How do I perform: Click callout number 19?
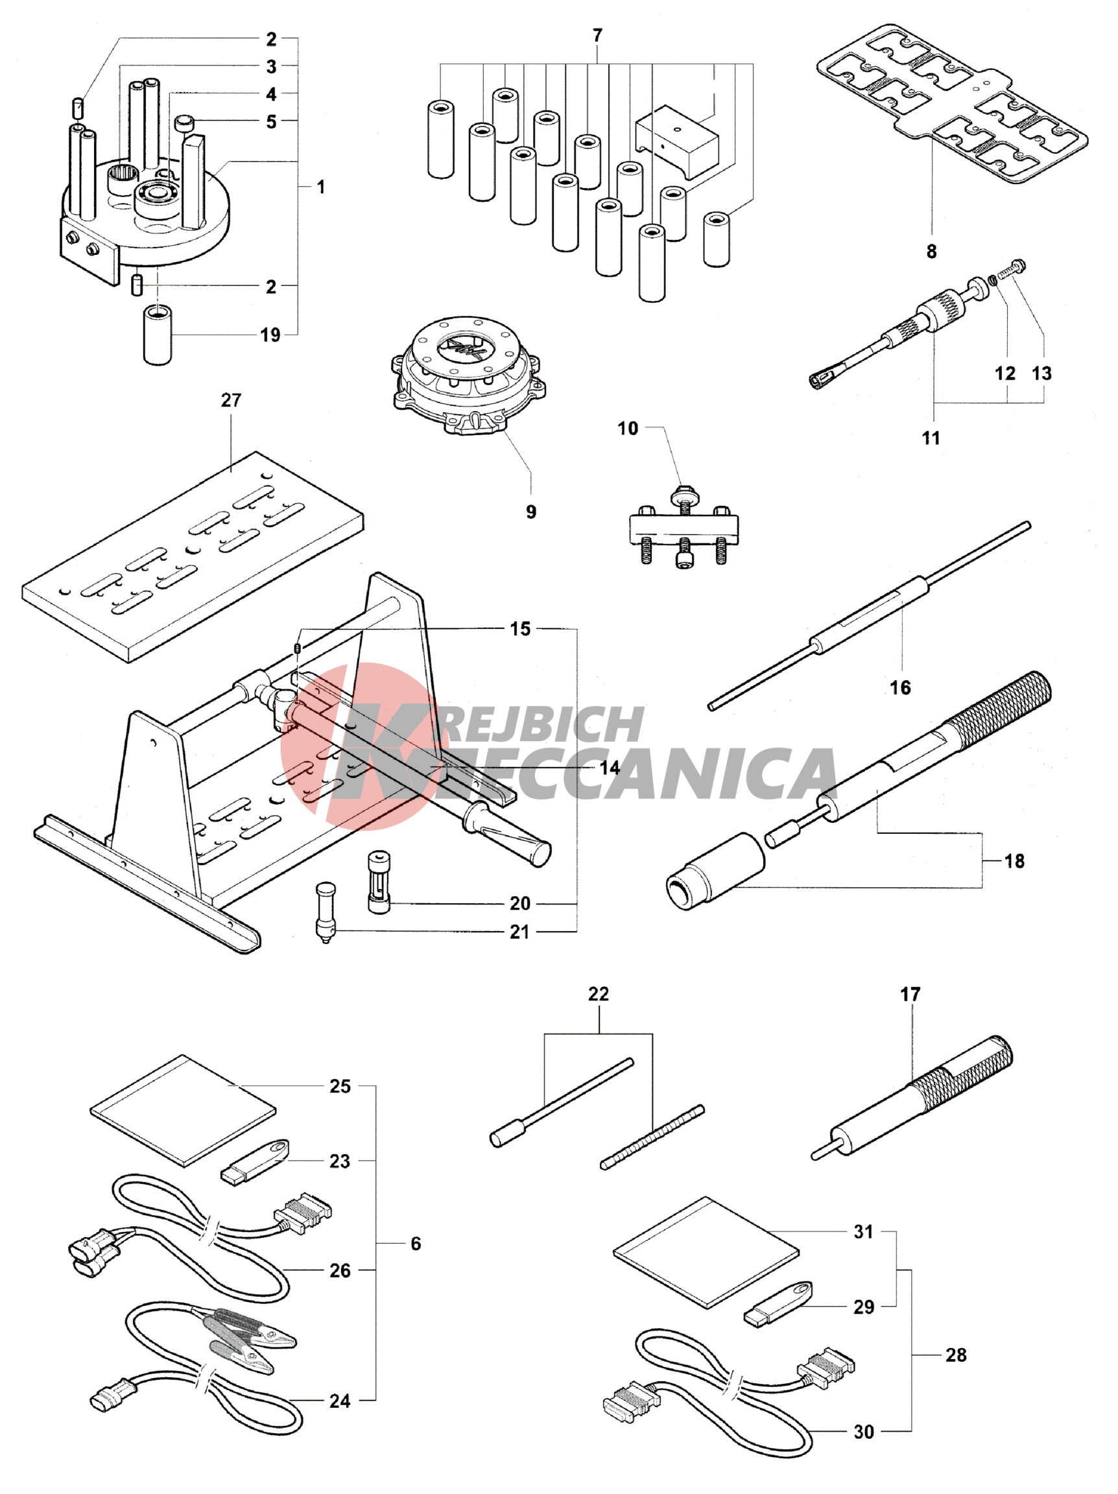(270, 335)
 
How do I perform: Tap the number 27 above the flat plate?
(231, 400)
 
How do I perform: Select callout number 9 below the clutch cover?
(531, 512)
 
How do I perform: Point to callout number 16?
(900, 687)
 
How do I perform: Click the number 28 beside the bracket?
(956, 1355)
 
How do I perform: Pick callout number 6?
(416, 1244)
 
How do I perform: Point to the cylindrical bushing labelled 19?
(158, 335)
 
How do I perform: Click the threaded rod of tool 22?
(652, 1137)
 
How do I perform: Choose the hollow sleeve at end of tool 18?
(715, 872)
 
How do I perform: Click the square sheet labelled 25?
(183, 1110)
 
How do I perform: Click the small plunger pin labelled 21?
(325, 912)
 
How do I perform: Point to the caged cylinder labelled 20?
(379, 882)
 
